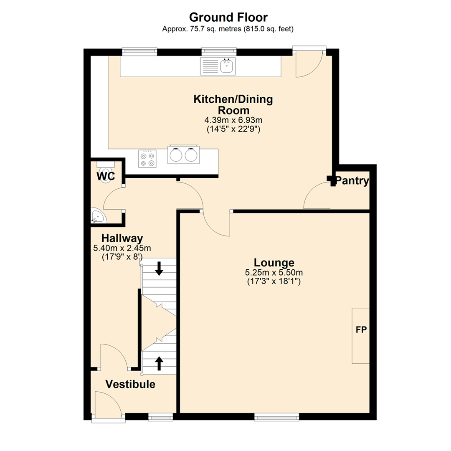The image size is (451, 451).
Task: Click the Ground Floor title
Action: (228, 17)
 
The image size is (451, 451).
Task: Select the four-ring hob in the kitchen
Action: (147, 159)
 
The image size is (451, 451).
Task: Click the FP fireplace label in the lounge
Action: (361, 330)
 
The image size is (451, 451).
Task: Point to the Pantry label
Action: (352, 181)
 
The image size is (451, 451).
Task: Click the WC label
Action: (106, 176)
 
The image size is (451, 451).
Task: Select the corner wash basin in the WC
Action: (98, 217)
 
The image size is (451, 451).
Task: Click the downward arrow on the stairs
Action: (159, 268)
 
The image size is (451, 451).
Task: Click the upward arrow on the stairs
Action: (159, 363)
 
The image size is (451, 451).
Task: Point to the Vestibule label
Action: (130, 384)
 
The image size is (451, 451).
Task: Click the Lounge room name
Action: (274, 263)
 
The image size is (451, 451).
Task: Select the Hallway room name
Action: (122, 238)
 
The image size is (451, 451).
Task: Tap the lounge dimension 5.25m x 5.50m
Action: (274, 273)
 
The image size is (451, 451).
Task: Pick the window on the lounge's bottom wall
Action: (276, 416)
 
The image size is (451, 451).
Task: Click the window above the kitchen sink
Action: (219, 52)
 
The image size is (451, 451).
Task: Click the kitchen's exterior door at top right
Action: (309, 63)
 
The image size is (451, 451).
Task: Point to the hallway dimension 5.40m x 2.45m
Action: (122, 248)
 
